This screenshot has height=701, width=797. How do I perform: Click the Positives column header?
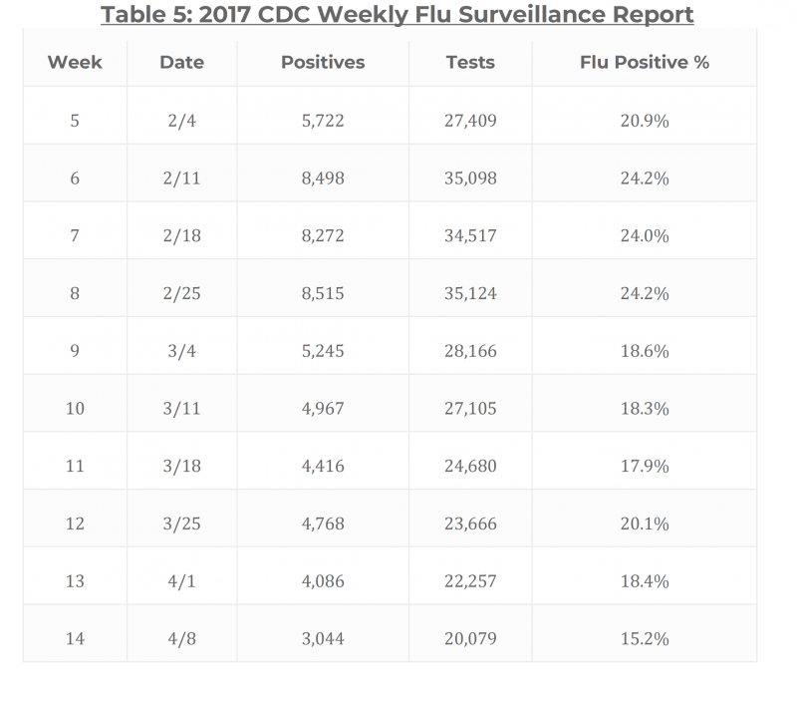(323, 62)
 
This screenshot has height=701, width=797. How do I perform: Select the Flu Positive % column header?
(644, 62)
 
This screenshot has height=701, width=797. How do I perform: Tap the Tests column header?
(470, 62)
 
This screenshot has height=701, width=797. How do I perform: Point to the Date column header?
(181, 62)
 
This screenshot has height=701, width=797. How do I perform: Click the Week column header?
(75, 62)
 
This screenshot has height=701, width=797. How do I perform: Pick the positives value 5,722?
(323, 121)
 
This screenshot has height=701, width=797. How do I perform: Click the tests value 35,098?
(470, 178)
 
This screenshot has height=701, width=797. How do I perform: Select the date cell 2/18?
(181, 236)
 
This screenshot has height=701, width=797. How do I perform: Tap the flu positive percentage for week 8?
(644, 294)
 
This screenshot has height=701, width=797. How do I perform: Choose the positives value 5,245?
(323, 352)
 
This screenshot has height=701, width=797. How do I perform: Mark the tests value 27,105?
(470, 409)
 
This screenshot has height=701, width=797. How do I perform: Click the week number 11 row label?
(75, 467)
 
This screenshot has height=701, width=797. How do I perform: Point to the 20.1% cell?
(644, 525)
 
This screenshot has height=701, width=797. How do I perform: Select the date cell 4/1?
(181, 581)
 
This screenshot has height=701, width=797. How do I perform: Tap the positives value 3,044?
(323, 638)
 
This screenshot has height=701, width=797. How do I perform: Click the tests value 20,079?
(470, 638)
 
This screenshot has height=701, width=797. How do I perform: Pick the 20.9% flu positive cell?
(644, 121)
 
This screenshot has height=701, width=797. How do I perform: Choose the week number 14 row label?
(75, 638)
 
